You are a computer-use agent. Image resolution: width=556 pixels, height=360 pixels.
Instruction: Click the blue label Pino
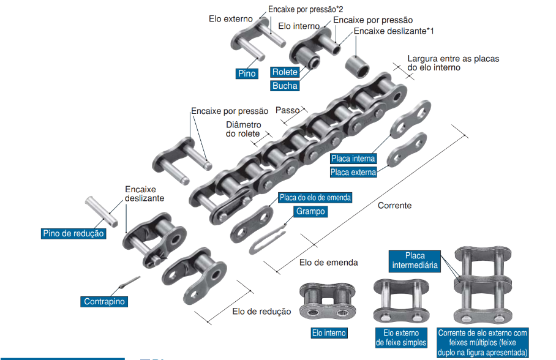pos(246,73)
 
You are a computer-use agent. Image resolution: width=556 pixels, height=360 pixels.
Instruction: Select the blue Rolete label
pos(285,72)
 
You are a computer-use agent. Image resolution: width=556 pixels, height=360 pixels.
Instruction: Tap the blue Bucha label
pos(285,86)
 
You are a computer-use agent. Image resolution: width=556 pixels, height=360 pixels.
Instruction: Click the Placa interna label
pos(353,159)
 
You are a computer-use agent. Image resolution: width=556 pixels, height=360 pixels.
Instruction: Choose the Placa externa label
pos(353,172)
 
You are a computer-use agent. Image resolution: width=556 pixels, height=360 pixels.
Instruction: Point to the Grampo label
pos(310,211)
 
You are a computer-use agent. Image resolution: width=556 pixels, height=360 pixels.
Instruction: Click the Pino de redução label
pos(73,234)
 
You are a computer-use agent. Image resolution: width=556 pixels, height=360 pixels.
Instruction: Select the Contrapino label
pos(104,302)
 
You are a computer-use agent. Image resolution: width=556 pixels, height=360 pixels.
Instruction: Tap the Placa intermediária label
pos(415,260)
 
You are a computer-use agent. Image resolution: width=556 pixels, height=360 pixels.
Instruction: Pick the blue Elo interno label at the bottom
pos(329,333)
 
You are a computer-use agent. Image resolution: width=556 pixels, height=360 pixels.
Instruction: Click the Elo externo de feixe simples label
pos(401,338)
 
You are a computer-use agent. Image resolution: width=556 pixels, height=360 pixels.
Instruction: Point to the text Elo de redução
pos(261,312)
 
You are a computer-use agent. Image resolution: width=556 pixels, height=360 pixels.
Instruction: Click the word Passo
pos(287,111)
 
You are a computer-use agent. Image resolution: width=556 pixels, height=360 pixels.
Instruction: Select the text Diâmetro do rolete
pos(242,129)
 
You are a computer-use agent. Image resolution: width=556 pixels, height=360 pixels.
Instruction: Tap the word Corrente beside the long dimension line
pos(394,206)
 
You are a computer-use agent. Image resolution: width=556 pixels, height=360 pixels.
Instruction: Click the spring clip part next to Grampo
pos(268,239)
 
